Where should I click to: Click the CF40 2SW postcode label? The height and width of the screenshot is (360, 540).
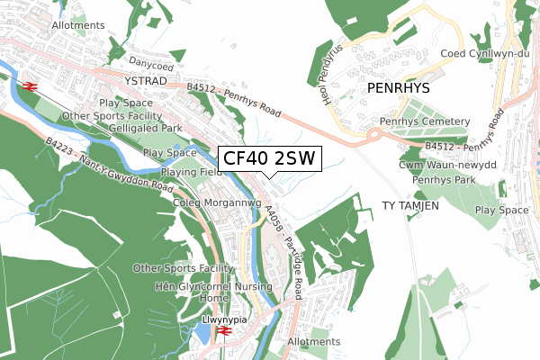pyautogui.click(x=269, y=159)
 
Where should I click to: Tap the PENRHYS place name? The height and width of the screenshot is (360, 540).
pyautogui.click(x=400, y=89)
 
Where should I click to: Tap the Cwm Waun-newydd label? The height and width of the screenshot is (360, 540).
pyautogui.click(x=459, y=166)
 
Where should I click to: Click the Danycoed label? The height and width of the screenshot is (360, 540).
pyautogui.click(x=149, y=63)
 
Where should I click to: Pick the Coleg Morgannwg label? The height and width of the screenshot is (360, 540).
pyautogui.click(x=216, y=203)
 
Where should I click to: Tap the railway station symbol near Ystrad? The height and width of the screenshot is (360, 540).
pyautogui.click(x=29, y=86)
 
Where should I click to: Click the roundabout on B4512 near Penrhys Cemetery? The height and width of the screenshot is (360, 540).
pyautogui.click(x=374, y=137)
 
